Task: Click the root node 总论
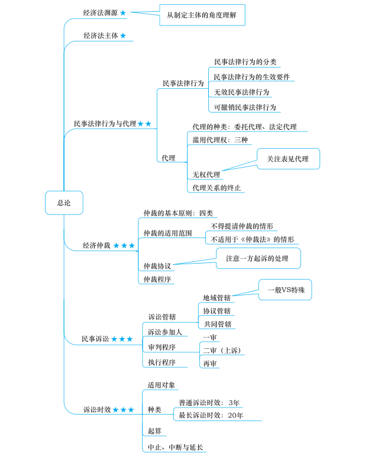click(64, 203)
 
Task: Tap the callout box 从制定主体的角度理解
click(202, 14)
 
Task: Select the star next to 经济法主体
click(123, 36)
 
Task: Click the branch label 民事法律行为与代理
click(104, 124)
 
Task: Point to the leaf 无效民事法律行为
click(241, 92)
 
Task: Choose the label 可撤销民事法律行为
click(245, 107)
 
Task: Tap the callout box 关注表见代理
click(288, 159)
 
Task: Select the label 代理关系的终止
click(217, 188)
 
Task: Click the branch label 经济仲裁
click(96, 245)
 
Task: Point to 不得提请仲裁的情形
click(242, 226)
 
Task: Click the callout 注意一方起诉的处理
click(258, 258)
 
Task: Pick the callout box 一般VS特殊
click(285, 290)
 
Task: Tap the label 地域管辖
click(217, 297)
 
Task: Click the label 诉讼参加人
click(164, 332)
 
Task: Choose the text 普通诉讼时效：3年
click(209, 403)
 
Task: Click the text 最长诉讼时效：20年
click(211, 415)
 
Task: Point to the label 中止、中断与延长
click(175, 447)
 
